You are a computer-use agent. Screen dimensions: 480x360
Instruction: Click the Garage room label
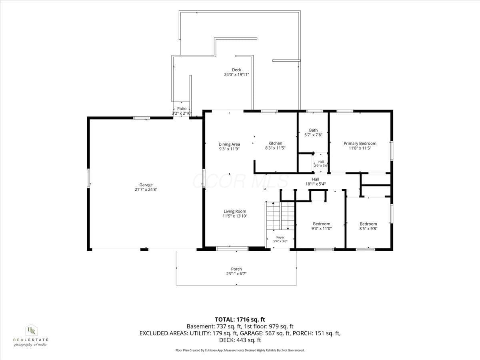pyautogui.click(x=146, y=185)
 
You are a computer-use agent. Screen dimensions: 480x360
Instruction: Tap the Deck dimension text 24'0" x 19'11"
pyautogui.click(x=236, y=74)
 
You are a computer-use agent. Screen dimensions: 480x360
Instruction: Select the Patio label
pyautogui.click(x=182, y=108)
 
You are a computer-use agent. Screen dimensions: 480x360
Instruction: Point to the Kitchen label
pyautogui.click(x=275, y=143)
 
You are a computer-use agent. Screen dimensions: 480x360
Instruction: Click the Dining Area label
pyautogui.click(x=229, y=144)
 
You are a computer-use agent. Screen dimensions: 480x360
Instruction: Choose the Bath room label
pyautogui.click(x=313, y=130)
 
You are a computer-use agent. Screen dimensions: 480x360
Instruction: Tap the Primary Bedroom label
pyautogui.click(x=360, y=143)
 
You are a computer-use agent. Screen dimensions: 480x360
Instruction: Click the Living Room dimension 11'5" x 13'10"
pyautogui.click(x=235, y=216)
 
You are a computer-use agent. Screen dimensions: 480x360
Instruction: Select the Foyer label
pyautogui.click(x=280, y=237)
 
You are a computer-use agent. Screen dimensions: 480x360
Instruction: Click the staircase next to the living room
pyautogui.click(x=280, y=216)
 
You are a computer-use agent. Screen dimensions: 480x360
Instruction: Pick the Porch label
pyautogui.click(x=236, y=269)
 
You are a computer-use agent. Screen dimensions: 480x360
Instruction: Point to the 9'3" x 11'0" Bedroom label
pyautogui.click(x=321, y=224)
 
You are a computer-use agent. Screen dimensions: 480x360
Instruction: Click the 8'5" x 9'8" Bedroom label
pyautogui.click(x=368, y=224)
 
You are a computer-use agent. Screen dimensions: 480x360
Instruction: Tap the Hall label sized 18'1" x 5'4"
pyautogui.click(x=315, y=179)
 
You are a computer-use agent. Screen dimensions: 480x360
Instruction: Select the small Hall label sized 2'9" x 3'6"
pyautogui.click(x=321, y=162)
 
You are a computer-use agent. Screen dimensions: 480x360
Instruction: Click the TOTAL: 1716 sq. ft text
pyautogui.click(x=240, y=320)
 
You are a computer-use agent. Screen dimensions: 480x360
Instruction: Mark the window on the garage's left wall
pyautogui.click(x=88, y=178)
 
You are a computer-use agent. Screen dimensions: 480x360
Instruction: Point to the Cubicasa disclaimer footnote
pyautogui.click(x=240, y=350)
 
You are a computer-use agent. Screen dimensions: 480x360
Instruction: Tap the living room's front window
pyautogui.click(x=232, y=248)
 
